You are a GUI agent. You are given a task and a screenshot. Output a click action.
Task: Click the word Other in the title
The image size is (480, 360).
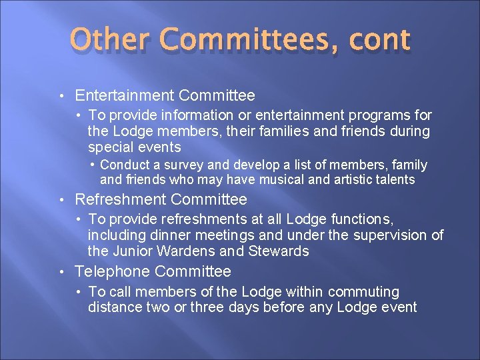110,39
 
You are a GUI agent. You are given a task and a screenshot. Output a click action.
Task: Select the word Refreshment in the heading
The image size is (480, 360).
121,199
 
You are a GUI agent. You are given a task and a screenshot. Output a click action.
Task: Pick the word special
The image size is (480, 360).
110,147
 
